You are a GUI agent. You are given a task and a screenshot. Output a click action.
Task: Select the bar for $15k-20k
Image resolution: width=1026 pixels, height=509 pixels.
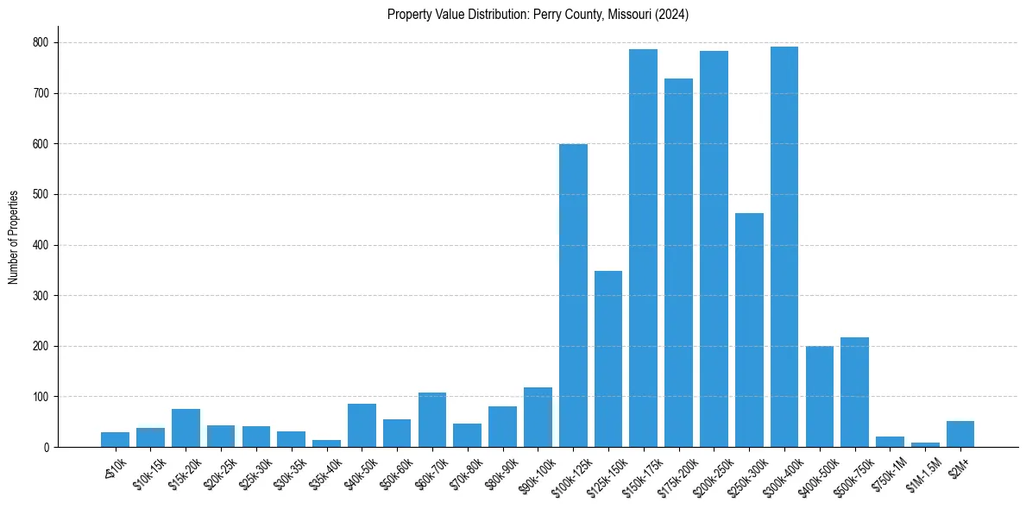[x=186, y=428]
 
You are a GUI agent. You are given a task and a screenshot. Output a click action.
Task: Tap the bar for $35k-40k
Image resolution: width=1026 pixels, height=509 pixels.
[x=326, y=443]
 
